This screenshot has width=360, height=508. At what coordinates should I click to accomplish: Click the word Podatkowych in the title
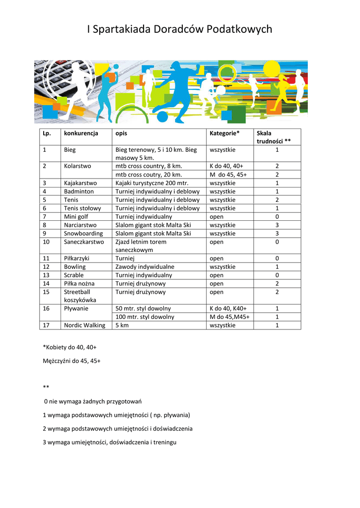click(240, 30)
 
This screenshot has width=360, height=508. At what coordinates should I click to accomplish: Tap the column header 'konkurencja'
click(81, 133)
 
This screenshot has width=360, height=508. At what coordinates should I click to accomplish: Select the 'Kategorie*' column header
click(224, 133)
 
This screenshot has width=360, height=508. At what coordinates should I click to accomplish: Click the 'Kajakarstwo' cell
click(80, 183)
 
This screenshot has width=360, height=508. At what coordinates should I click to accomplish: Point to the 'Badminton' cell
click(78, 191)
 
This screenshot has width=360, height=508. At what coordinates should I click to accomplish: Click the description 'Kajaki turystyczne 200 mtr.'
click(152, 183)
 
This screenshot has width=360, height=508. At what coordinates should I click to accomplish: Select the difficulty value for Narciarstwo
click(277, 225)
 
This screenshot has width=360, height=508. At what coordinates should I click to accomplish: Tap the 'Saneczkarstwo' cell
click(84, 242)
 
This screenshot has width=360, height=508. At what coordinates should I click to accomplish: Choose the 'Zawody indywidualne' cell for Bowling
click(145, 267)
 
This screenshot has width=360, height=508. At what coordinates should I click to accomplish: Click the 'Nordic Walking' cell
click(84, 325)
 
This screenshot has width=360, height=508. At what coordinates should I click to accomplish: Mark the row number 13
click(46, 275)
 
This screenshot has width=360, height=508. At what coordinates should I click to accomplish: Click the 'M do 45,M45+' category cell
click(229, 317)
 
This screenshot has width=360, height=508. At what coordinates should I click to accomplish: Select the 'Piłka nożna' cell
click(79, 284)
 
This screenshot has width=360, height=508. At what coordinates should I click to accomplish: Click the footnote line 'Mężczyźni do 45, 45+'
click(72, 361)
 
